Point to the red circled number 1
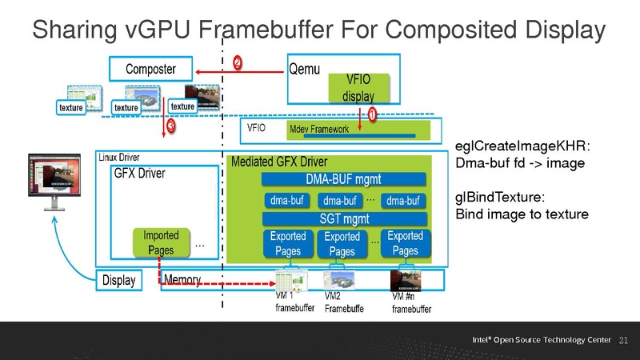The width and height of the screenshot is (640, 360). click(x=373, y=116)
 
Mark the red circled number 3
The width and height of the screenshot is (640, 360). click(x=170, y=126)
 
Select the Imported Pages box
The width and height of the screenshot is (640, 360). click(x=162, y=242)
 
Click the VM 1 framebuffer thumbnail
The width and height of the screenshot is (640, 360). click(x=291, y=281)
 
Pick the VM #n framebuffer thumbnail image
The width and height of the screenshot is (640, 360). click(x=402, y=281)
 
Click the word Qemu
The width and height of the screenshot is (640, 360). click(x=305, y=69)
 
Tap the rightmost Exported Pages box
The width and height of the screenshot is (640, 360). click(x=405, y=243)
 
